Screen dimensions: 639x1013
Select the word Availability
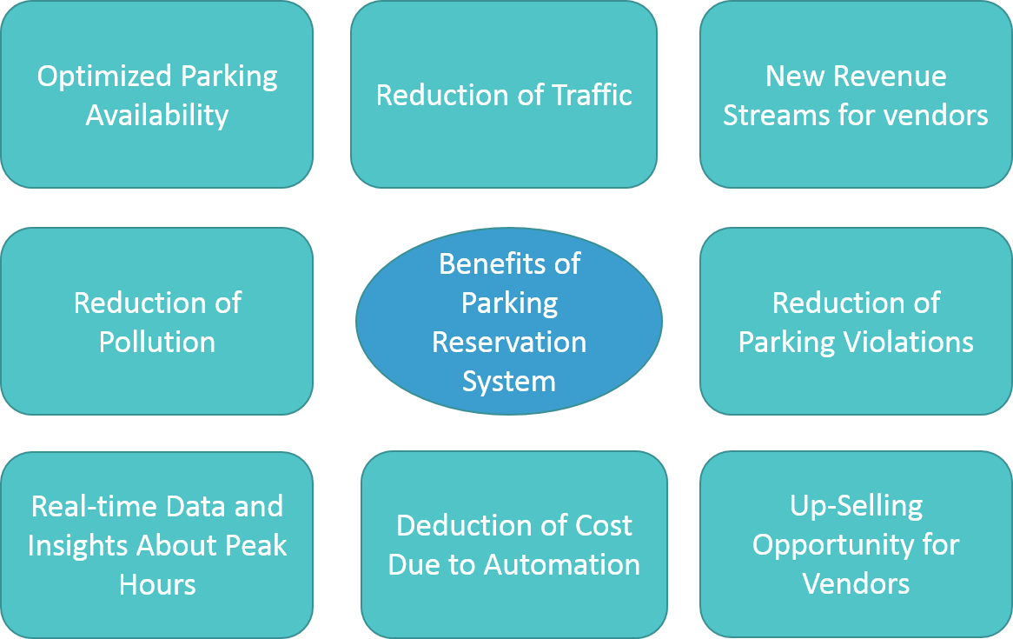pyautogui.click(x=157, y=115)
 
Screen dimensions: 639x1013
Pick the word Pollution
pyautogui.click(x=157, y=342)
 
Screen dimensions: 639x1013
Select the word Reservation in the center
pyautogui.click(x=509, y=342)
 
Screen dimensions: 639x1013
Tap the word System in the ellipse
pyautogui.click(x=509, y=381)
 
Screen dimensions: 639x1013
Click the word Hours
pyautogui.click(x=157, y=584)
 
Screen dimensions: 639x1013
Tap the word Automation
pyautogui.click(x=562, y=564)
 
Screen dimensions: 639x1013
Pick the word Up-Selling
pyautogui.click(x=856, y=506)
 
